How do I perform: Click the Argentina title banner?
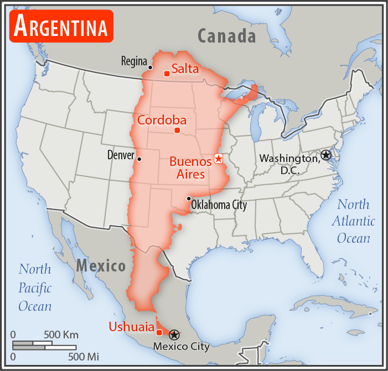(61, 25)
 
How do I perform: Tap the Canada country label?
(227, 36)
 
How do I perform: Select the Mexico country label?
(101, 266)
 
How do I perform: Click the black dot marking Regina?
(150, 67)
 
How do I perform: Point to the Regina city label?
(134, 61)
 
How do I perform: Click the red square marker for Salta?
(166, 74)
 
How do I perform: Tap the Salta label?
(185, 69)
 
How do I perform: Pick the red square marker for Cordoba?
(177, 130)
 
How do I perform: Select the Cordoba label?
(162, 121)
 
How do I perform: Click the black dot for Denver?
(139, 159)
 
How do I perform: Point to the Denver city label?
(121, 155)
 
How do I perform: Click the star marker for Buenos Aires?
(218, 159)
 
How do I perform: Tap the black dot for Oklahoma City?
(189, 198)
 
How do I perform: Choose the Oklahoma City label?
(219, 205)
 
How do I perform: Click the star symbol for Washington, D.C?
(326, 155)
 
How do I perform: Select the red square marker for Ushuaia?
(159, 332)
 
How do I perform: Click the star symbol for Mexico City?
(174, 335)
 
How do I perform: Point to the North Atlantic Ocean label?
(353, 221)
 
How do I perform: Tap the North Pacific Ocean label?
(35, 288)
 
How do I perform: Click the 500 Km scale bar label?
(61, 335)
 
